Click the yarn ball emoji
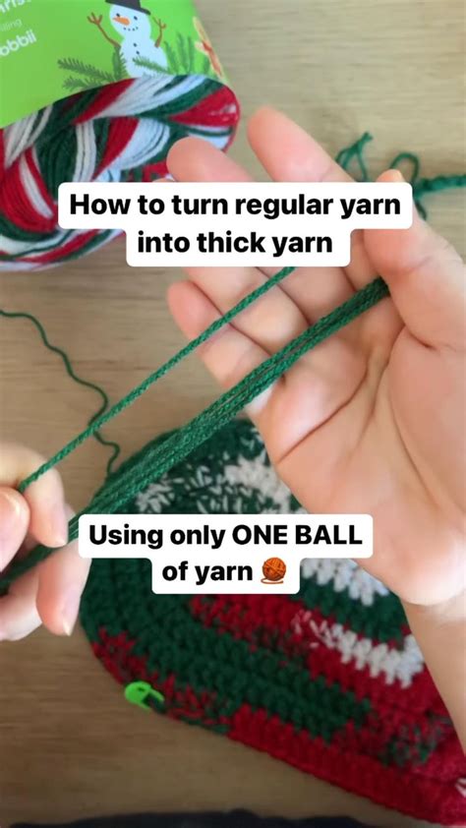(x=274, y=572)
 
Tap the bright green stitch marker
(x=143, y=695)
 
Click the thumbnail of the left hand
(x=12, y=511)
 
